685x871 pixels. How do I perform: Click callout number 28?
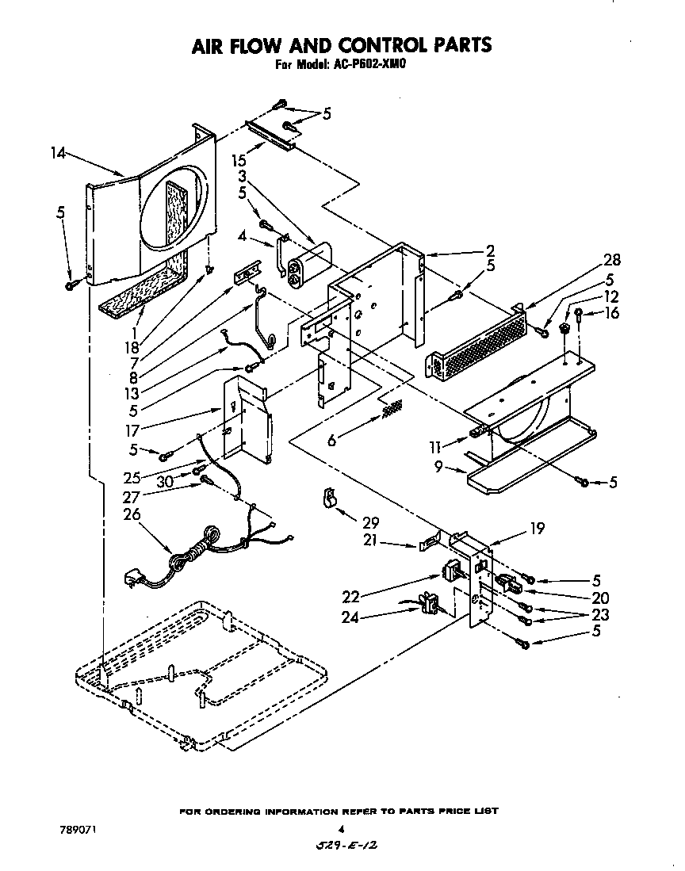pyautogui.click(x=612, y=261)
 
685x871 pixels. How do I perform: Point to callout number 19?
pyautogui.click(x=537, y=529)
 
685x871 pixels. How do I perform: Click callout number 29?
pyautogui.click(x=369, y=523)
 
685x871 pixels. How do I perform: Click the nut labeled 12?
pyautogui.click(x=566, y=327)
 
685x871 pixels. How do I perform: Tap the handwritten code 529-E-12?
pyautogui.click(x=343, y=846)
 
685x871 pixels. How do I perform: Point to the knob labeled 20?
pyautogui.click(x=507, y=586)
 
